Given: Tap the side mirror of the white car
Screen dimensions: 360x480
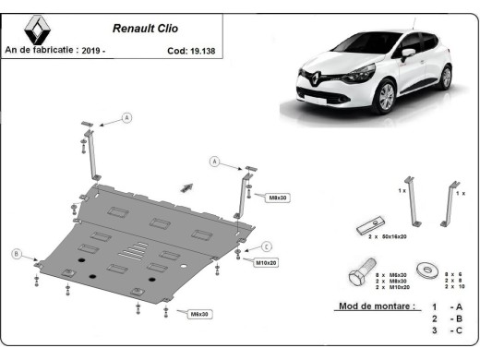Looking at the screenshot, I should click(407, 54).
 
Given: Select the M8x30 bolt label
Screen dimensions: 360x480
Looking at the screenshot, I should click(278, 198).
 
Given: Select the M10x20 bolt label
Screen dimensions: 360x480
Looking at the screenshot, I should click(266, 263).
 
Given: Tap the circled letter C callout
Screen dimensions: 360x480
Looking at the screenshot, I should click(266, 246).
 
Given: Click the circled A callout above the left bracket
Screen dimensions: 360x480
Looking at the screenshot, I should click(126, 117).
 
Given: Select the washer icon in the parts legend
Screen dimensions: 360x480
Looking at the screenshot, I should click(427, 269).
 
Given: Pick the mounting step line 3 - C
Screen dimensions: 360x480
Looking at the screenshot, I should click(441, 330).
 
